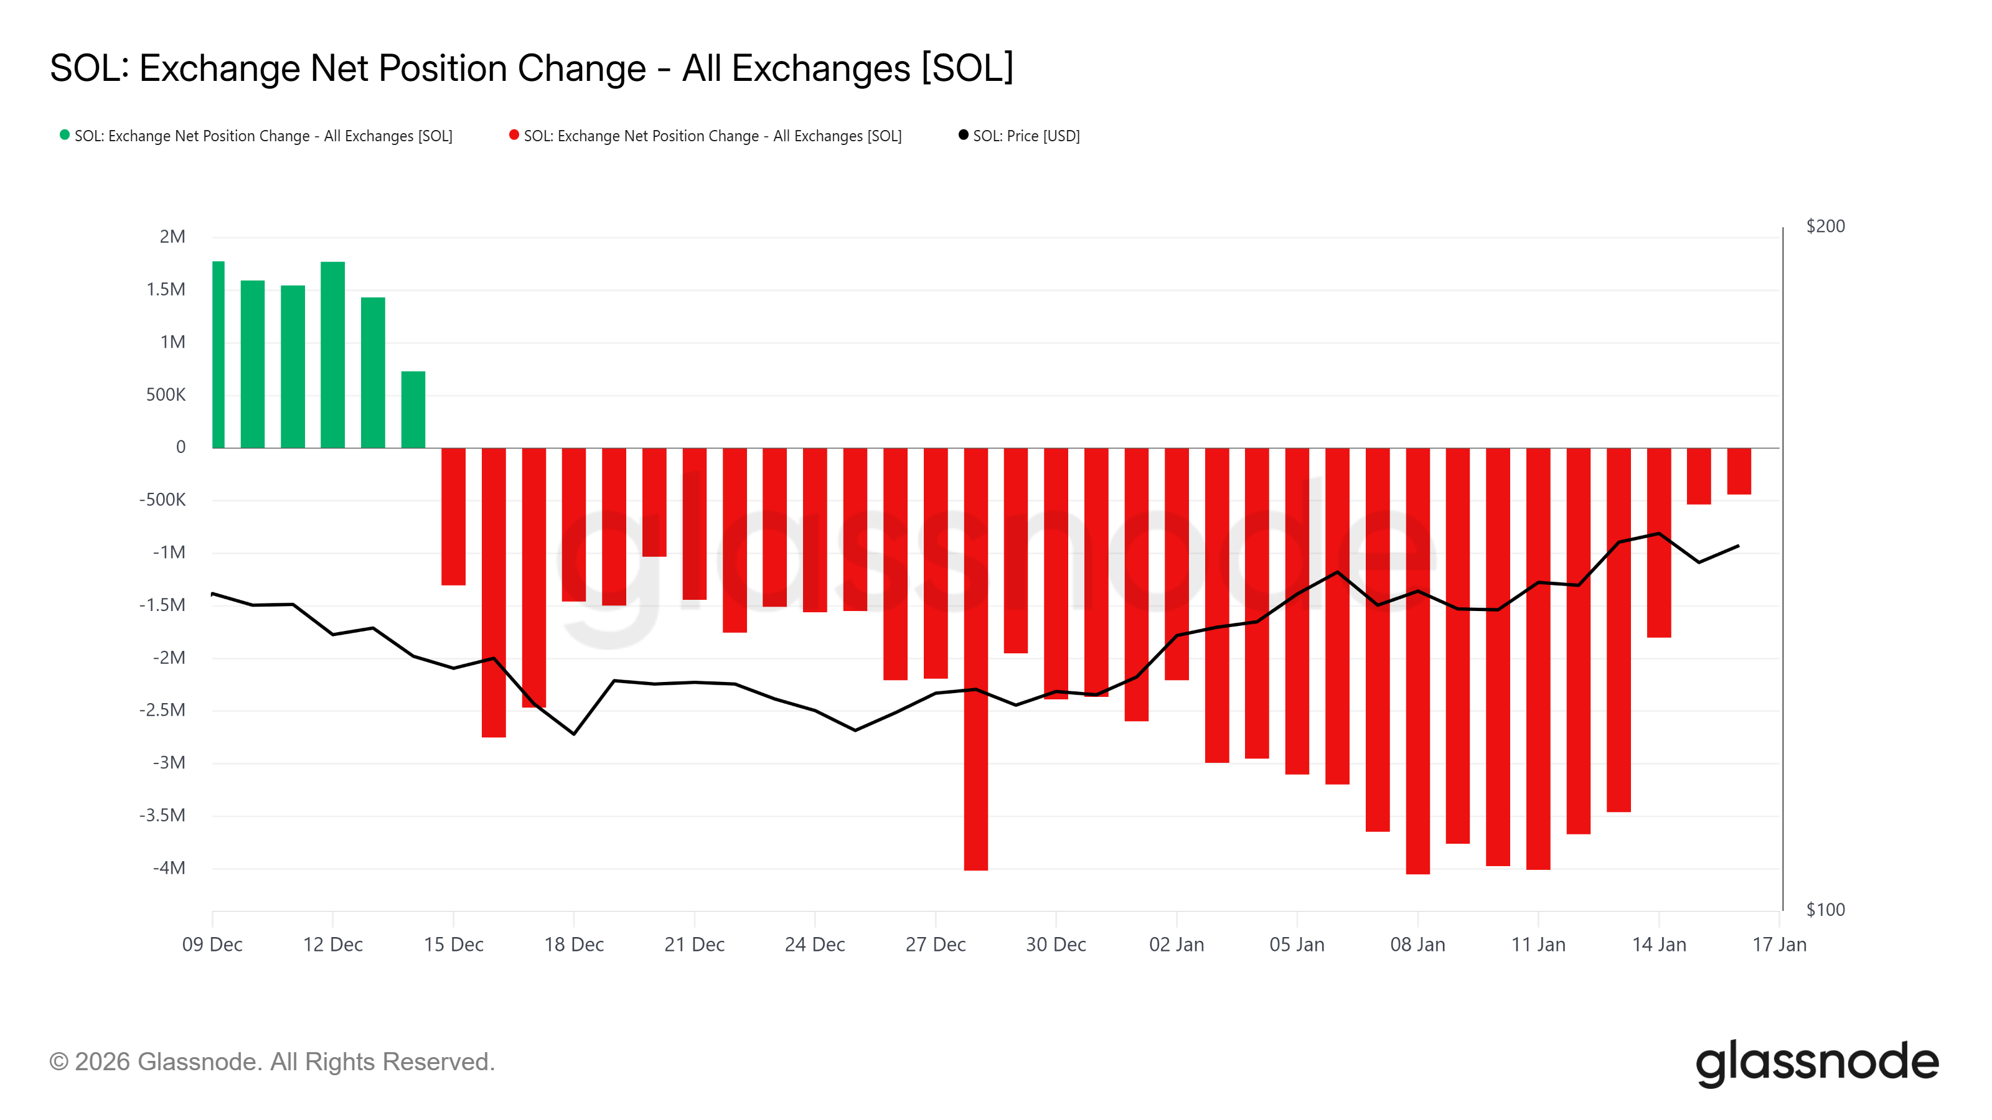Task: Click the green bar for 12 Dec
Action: (332, 355)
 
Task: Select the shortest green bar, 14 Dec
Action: (413, 409)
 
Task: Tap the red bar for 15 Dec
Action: (453, 516)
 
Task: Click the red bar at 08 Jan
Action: (1417, 661)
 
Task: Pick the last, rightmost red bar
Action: (1739, 471)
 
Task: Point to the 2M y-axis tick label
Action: (172, 236)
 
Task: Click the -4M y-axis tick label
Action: (169, 868)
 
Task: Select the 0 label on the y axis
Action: (181, 447)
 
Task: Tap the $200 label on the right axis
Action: (1825, 226)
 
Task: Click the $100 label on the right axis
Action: (1825, 910)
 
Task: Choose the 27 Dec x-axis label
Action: (935, 945)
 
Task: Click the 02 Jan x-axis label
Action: (1176, 945)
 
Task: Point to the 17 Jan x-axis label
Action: (1778, 945)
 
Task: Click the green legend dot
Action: (65, 135)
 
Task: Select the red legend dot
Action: (514, 135)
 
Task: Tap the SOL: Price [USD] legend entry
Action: (1025, 136)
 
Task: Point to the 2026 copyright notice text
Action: (271, 1062)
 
